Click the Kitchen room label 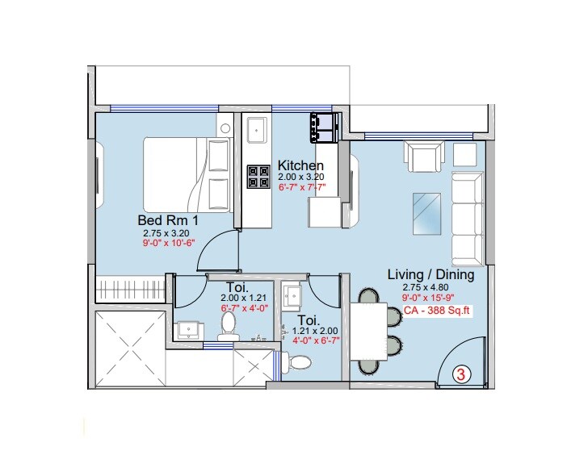tap(300, 165)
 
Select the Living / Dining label tap(430, 274)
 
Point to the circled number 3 tap(460, 374)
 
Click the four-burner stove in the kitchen tap(258, 177)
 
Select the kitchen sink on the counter tap(258, 127)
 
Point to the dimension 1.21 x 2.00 tap(317, 331)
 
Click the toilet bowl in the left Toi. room tap(229, 325)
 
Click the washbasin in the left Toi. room tap(191, 329)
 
